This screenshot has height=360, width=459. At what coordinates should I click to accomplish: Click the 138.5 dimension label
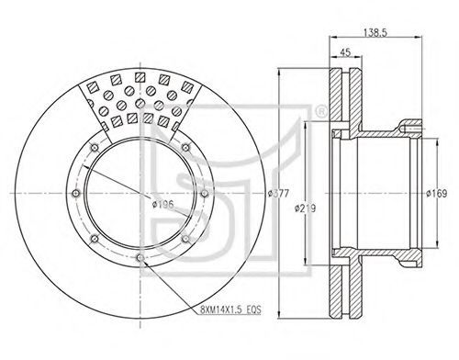(375, 32)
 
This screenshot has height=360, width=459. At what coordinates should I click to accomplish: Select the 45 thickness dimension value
(345, 52)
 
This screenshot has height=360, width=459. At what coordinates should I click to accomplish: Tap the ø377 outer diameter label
(278, 194)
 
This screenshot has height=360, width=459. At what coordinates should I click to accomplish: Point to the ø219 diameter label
(305, 208)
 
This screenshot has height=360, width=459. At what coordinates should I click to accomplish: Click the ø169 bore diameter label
(437, 194)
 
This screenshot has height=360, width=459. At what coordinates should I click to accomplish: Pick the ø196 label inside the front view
(162, 204)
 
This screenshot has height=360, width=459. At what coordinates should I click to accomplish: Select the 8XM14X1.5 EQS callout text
(230, 309)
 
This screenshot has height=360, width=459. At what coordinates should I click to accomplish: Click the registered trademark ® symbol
(320, 112)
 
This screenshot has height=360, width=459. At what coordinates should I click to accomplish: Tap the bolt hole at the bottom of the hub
(140, 258)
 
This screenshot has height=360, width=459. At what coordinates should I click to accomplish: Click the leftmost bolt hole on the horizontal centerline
(75, 194)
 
